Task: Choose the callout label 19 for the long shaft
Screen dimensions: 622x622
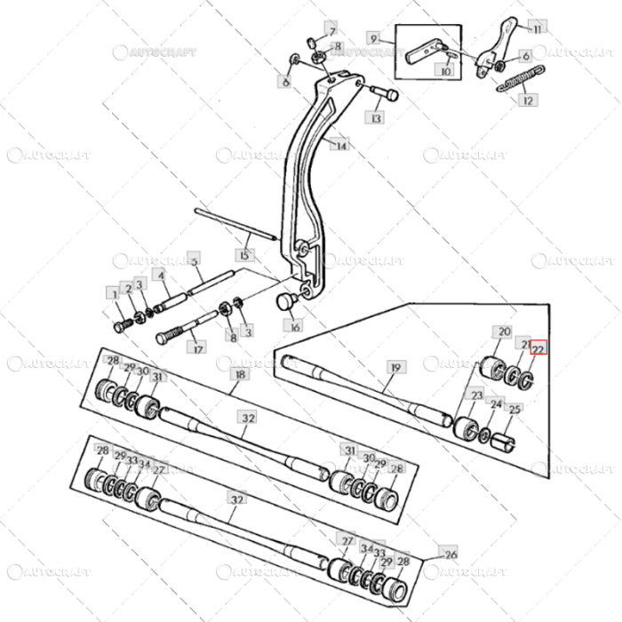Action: [x=395, y=366]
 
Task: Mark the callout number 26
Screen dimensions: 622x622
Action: [x=450, y=553]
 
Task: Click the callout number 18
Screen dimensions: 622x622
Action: [x=238, y=376]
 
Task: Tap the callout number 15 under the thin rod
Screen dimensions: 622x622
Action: [x=246, y=255]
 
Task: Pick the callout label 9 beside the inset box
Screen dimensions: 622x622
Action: [x=374, y=39]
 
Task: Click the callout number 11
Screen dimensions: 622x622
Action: [x=536, y=29]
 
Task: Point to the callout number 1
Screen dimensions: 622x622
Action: [x=113, y=291]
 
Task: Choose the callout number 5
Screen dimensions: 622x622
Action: [x=194, y=258]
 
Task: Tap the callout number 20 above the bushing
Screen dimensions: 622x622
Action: [x=504, y=331]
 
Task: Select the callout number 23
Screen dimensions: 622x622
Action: [x=477, y=395]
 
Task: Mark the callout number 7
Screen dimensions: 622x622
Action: [x=331, y=29]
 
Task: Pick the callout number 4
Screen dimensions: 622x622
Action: [x=160, y=275]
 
